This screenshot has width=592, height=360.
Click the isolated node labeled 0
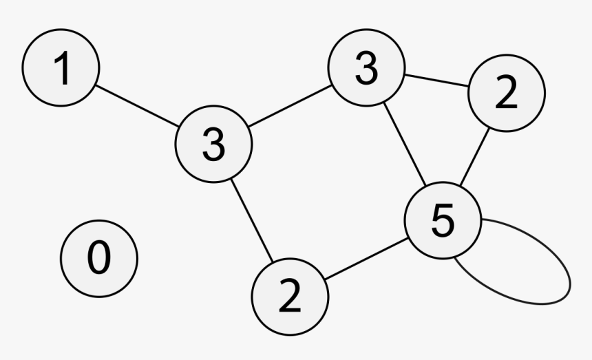[99, 259]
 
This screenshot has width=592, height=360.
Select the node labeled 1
[61, 67]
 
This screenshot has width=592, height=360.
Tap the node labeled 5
[443, 220]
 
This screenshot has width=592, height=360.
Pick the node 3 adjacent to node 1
[213, 144]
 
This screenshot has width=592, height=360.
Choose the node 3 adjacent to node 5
[366, 67]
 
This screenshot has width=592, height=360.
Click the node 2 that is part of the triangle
[507, 93]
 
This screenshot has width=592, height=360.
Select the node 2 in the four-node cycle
[290, 297]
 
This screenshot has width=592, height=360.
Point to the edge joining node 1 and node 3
[137, 106]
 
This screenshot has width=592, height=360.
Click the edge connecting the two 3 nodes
[290, 106]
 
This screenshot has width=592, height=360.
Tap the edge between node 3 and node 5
[405, 144]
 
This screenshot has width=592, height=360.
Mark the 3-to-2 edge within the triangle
[436, 81]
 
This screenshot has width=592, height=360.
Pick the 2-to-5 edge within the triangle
[474, 157]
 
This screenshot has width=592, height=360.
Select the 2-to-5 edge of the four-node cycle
[366, 259]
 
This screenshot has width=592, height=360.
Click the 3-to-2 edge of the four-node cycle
[251, 220]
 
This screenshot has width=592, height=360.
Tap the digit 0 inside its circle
[99, 257]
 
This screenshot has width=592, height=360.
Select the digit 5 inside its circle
[443, 220]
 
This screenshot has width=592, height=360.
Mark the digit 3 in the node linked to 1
[213, 145]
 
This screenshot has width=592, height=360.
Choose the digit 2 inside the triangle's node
[506, 92]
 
